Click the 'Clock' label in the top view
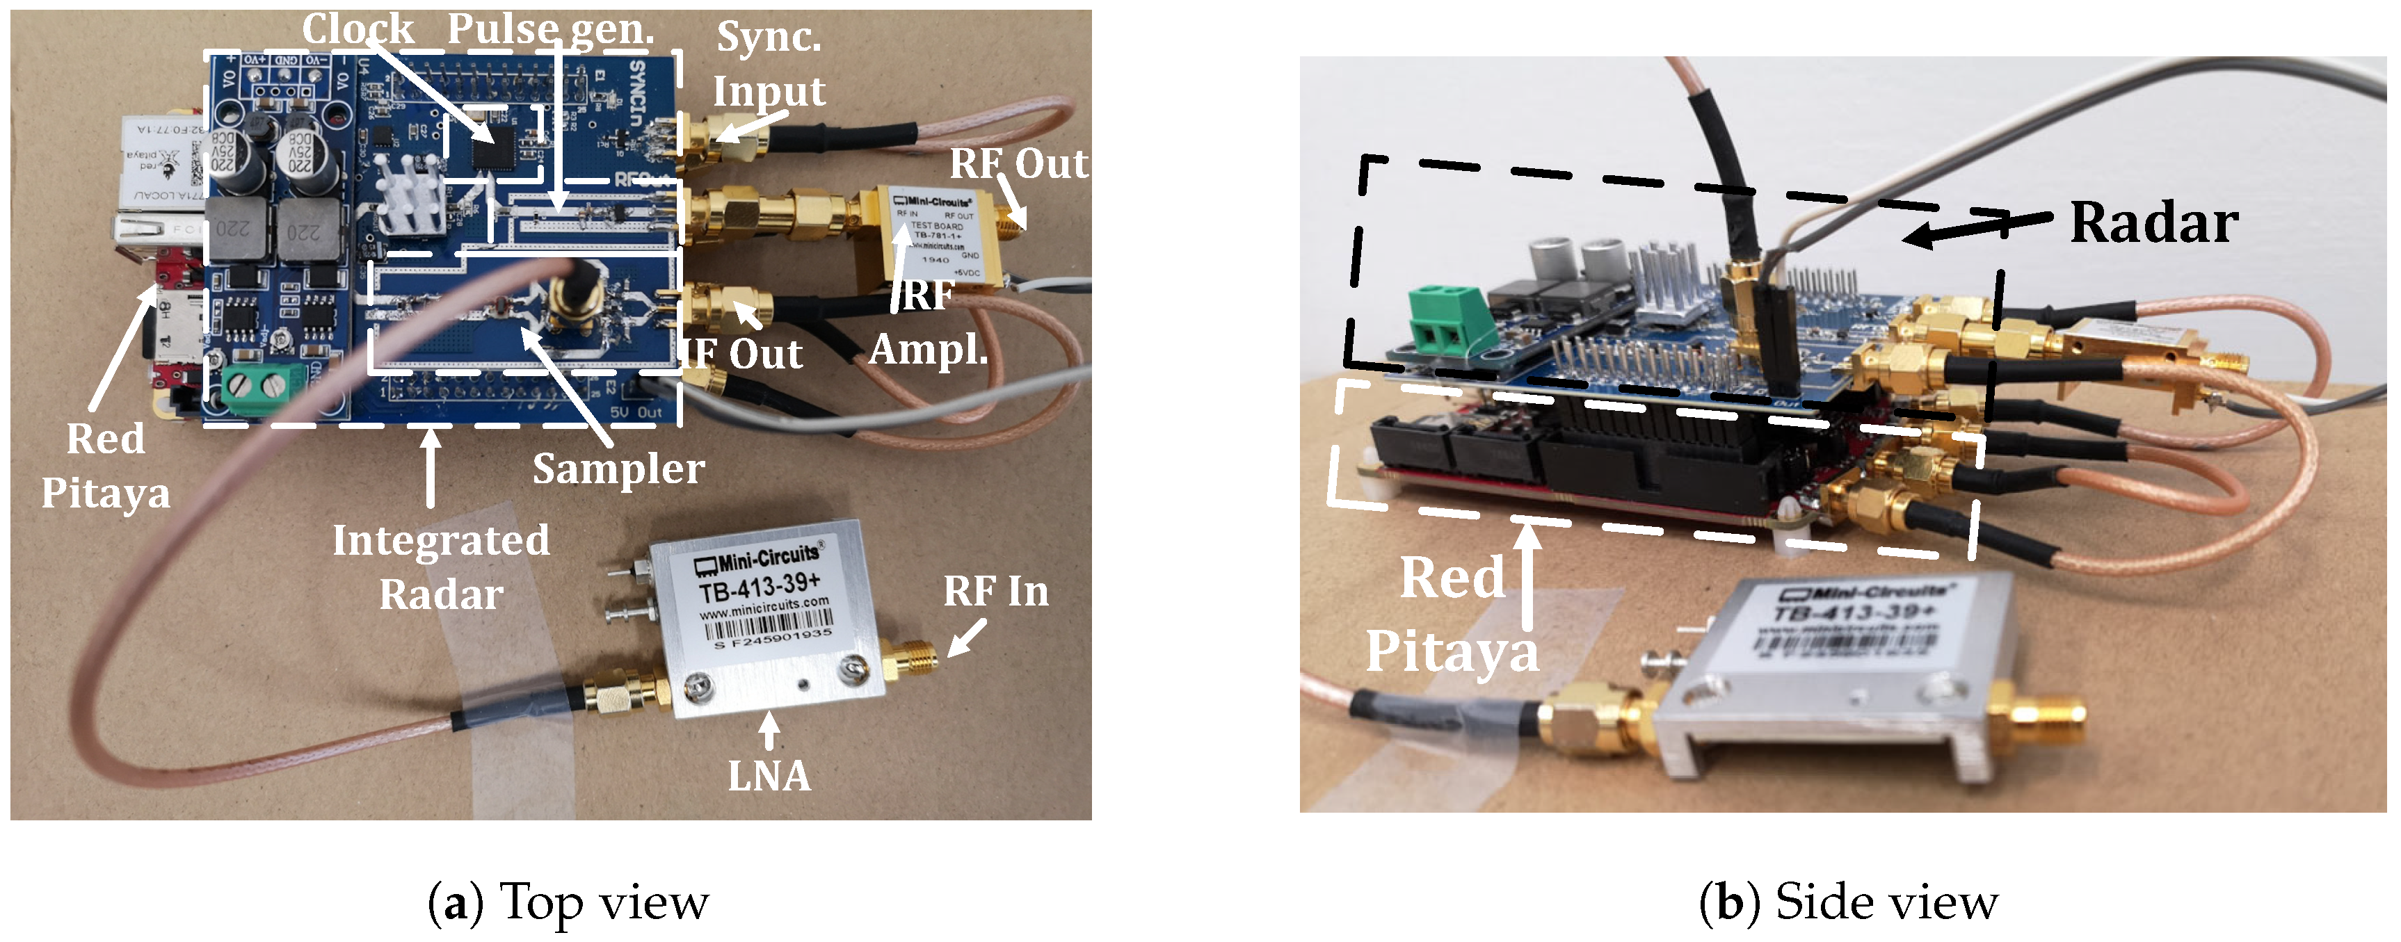click(358, 29)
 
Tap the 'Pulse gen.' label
click(550, 29)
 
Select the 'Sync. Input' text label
click(769, 63)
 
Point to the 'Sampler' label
click(618, 469)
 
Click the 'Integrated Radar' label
click(441, 567)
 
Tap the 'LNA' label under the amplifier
click(769, 776)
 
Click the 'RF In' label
click(995, 592)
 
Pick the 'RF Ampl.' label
click(927, 323)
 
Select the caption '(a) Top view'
click(568, 902)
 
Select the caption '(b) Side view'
click(1847, 902)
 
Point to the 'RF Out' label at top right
click(1018, 164)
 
